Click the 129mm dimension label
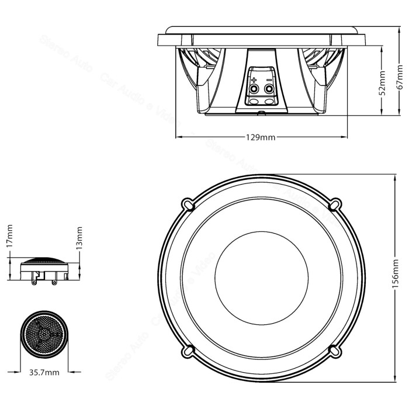260,137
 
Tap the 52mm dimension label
383,83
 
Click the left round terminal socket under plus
254,89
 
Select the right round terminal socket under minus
268,89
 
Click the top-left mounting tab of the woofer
188,204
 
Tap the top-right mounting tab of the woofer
335,204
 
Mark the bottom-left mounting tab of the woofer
188,349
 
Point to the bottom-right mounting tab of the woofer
335,349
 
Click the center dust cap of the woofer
261,276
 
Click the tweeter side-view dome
44,259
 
